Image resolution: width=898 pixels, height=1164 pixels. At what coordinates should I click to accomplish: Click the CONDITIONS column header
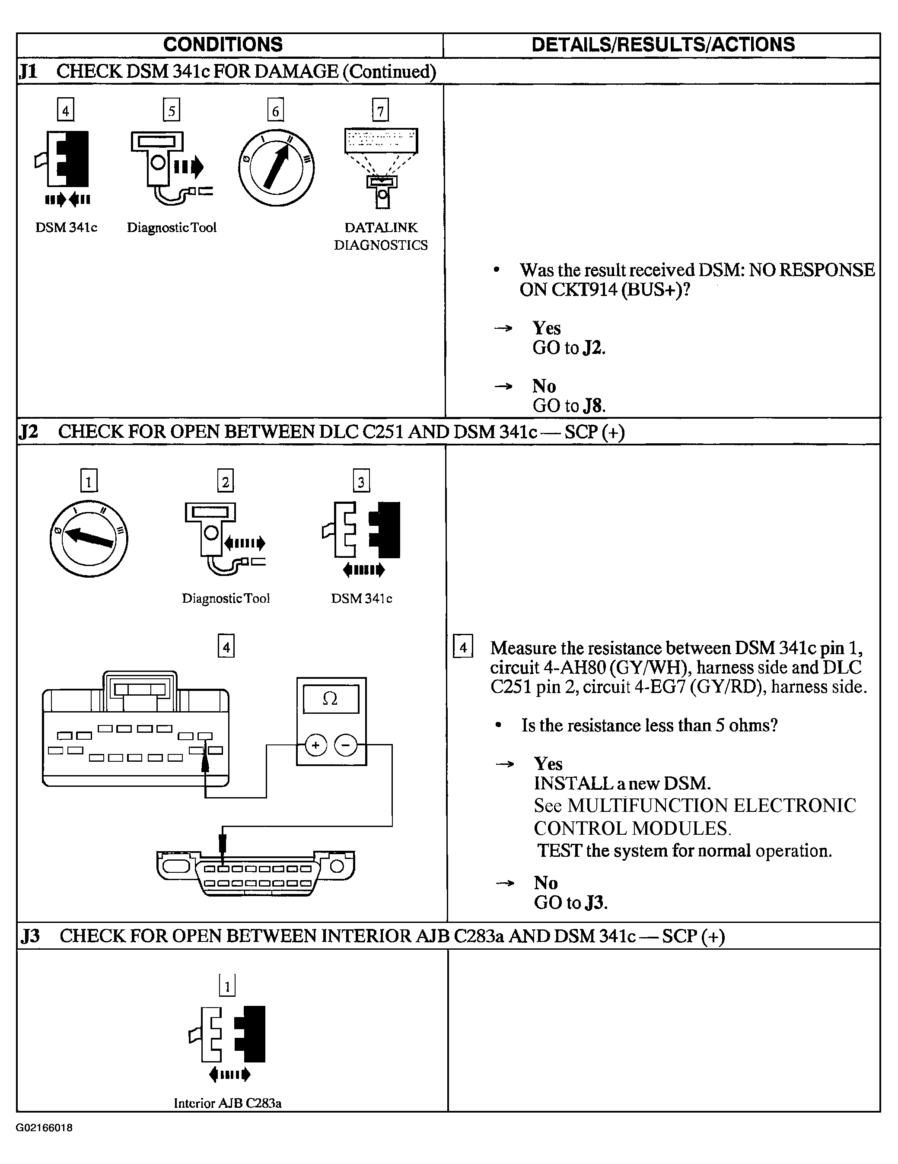(x=223, y=45)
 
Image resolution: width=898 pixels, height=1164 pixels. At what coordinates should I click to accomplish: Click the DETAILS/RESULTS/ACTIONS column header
(x=663, y=45)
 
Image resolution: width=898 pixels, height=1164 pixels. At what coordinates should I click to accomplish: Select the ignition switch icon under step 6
(x=276, y=168)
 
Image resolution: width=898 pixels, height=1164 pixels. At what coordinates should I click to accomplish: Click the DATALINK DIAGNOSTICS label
(x=381, y=236)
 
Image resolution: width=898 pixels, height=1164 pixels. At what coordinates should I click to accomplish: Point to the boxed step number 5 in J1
(x=171, y=110)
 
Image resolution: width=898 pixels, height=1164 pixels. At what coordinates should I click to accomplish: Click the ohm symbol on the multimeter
(x=331, y=699)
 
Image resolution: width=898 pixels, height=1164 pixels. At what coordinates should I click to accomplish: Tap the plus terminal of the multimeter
(x=315, y=744)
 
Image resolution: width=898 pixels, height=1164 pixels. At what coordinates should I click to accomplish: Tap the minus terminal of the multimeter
(x=346, y=744)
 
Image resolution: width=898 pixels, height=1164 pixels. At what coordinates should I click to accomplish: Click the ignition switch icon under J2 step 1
(x=89, y=538)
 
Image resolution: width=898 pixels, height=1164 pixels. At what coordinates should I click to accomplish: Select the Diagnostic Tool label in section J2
(x=226, y=598)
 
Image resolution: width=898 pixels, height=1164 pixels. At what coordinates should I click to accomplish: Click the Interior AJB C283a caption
(x=228, y=1103)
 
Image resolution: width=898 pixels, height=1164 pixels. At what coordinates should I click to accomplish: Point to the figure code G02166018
(x=44, y=1128)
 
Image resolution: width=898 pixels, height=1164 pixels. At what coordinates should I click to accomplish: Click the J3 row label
(x=30, y=936)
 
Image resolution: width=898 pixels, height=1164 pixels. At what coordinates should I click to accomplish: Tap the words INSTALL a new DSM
(x=622, y=783)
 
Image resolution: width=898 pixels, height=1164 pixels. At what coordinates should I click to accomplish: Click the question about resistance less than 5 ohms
(x=649, y=725)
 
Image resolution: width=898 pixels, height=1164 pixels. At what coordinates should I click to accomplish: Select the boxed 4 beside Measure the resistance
(x=462, y=647)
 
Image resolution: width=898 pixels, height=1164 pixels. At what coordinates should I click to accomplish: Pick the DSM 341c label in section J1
(x=67, y=228)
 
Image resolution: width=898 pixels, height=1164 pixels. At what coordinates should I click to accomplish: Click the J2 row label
(x=29, y=431)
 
